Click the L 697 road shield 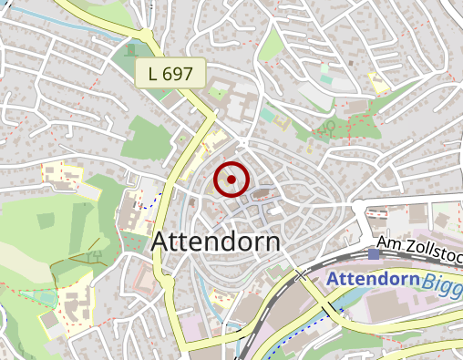pyautogui.click(x=170, y=74)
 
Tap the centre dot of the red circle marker pyautogui.click(x=231, y=180)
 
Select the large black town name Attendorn pyautogui.click(x=216, y=242)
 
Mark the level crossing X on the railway pyautogui.click(x=301, y=274)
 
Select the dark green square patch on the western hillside pyautogui.click(x=45, y=221)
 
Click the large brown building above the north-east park pyautogui.click(x=355, y=108)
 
